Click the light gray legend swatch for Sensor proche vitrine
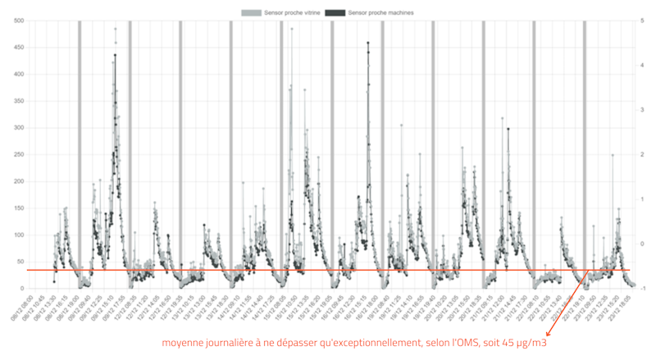coord(251,13)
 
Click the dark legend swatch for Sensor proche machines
coord(335,13)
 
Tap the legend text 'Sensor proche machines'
coord(380,13)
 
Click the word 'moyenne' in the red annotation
coord(183,342)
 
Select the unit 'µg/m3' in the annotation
coord(531,342)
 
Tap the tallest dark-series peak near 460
coord(367,43)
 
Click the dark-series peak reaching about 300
coord(508,129)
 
